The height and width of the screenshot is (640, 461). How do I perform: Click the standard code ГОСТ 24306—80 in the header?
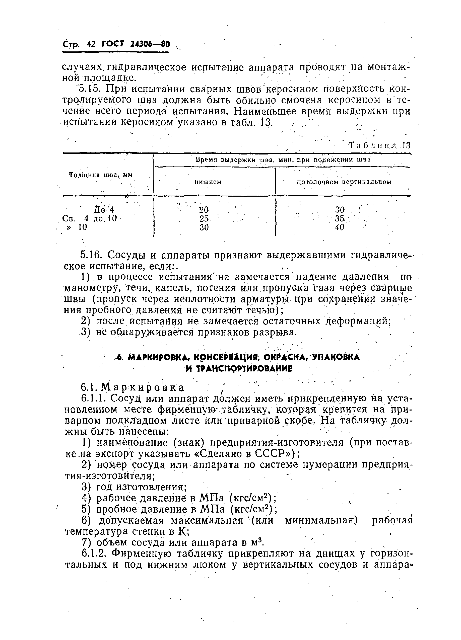coord(136,44)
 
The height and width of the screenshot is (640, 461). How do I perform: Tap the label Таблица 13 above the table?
coord(380,146)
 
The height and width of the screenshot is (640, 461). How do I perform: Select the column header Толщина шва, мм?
coord(101,175)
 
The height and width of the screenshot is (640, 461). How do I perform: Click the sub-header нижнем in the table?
coord(208,182)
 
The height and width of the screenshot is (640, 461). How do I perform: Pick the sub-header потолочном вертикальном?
coord(344,182)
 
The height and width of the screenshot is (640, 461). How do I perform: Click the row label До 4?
coord(103,210)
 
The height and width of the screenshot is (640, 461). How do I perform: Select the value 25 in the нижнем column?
coord(204,218)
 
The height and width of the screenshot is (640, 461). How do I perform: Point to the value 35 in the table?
coord(340,218)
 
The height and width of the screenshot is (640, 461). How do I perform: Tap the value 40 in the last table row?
coord(340,227)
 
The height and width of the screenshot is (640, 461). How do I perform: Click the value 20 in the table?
coord(204,210)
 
